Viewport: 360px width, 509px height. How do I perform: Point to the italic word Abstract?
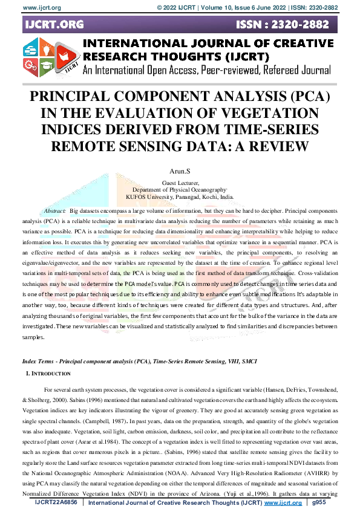tap(55, 210)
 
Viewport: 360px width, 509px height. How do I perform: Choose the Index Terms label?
tap(39, 360)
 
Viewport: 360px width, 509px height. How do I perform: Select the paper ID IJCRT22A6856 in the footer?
tap(56, 502)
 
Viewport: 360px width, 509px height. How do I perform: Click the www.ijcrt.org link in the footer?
tap(283, 502)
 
